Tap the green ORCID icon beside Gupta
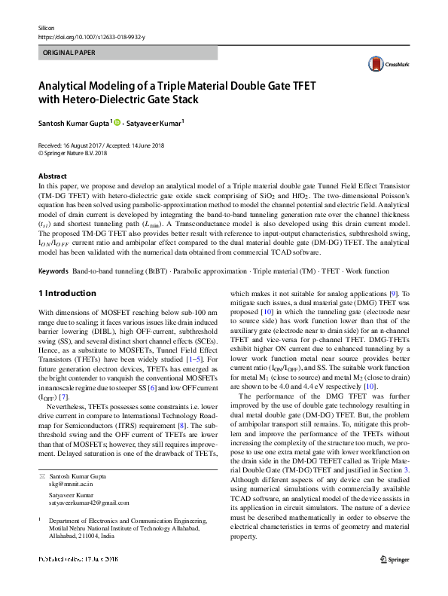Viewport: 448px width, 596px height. coord(117,122)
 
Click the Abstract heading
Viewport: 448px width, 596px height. coord(52,176)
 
